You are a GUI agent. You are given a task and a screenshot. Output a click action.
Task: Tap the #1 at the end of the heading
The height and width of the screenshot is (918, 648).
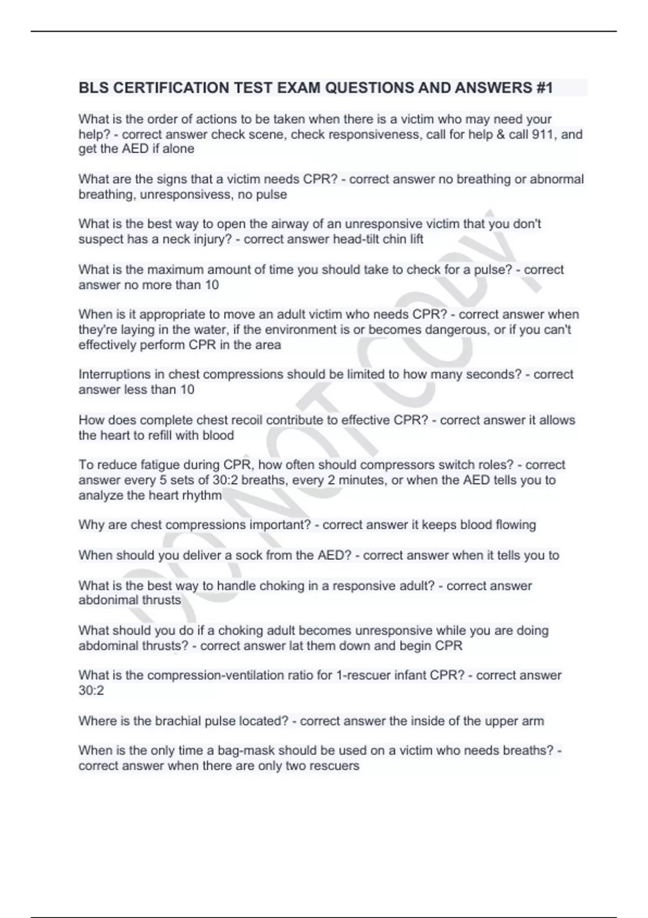pyautogui.click(x=544, y=88)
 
